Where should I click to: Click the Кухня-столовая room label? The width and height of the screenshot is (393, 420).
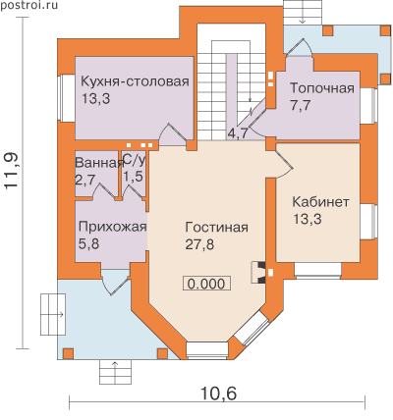tap(135, 81)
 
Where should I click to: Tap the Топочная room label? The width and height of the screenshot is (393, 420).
tap(322, 88)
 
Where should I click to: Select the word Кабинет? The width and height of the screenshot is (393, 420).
tap(320, 202)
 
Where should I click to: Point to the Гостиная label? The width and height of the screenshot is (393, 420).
tap(217, 227)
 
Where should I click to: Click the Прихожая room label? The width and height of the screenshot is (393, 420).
tap(112, 227)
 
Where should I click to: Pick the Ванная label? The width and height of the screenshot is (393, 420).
tap(99, 163)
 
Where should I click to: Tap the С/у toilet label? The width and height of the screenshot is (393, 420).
tap(134, 160)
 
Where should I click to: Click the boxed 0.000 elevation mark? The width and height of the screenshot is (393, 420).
tap(206, 284)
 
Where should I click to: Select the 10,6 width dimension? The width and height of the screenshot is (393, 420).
tap(218, 394)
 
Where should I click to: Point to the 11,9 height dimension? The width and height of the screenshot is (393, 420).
tap(12, 171)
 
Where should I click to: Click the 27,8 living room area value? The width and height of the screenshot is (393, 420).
tap(199, 244)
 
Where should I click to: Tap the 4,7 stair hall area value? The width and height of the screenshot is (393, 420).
tap(238, 133)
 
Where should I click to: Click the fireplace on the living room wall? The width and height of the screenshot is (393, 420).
tap(258, 272)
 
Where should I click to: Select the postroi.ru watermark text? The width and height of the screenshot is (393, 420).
tap(28, 5)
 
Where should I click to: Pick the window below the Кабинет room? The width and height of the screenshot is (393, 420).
tap(318, 270)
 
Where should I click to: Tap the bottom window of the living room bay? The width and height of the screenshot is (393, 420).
tap(207, 350)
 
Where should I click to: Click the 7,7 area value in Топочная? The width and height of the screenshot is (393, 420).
tap(301, 105)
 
